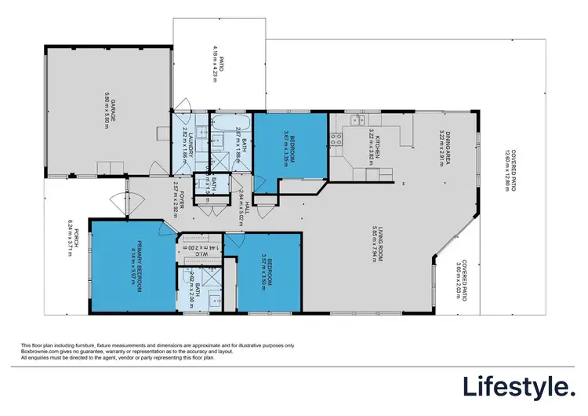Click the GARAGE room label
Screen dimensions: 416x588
coord(112,110)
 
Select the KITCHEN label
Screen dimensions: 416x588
coord(377,146)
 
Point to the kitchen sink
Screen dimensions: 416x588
coord(355,119)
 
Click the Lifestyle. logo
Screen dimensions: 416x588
coord(517,387)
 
